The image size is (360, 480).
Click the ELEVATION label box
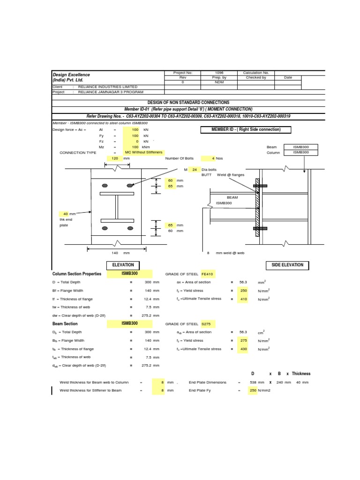[123, 265]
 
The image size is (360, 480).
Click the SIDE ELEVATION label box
[287, 265]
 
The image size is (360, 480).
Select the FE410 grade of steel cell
[207, 274]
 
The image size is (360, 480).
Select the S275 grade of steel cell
[207, 324]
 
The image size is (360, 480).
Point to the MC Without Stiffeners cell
[143, 153]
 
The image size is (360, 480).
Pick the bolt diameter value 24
[195, 169]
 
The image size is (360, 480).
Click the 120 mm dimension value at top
[115, 158]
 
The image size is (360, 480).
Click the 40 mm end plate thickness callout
[66, 214]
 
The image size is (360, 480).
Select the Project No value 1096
[219, 73]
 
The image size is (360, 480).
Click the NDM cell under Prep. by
[219, 82]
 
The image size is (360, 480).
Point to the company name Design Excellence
[71, 75]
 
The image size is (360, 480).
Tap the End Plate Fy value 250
[253, 390]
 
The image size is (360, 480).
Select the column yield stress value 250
[243, 291]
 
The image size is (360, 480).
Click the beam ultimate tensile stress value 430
[243, 349]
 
